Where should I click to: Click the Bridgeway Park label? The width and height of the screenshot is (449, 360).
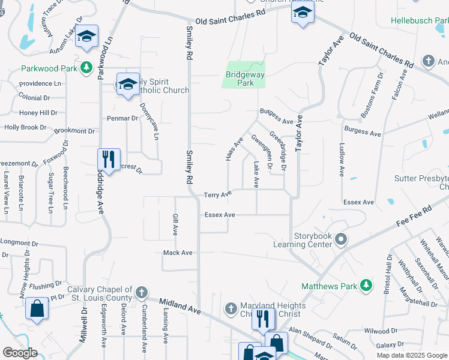coord(245,79)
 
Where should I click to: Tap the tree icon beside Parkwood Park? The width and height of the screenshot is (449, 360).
coord(87,67)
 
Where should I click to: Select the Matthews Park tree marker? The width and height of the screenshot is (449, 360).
coord(366,284)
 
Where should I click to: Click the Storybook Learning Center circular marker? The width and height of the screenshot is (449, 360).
coord(341,240)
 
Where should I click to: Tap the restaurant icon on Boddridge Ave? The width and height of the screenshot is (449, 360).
coord(109,160)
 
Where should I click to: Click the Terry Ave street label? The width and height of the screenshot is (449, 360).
coord(217,195)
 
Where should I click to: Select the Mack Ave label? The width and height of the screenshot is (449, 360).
coord(178,253)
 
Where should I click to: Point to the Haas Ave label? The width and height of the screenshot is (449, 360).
coord(234,149)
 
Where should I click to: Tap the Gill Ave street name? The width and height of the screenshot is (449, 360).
coord(176,224)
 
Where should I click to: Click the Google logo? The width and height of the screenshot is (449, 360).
coord(19,353)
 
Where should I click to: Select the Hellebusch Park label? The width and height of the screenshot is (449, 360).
coord(420,20)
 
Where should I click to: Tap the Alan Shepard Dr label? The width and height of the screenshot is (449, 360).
coord(310,337)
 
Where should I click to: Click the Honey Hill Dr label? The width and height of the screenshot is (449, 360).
coord(38,112)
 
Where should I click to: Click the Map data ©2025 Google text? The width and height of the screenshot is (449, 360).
coord(412,355)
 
